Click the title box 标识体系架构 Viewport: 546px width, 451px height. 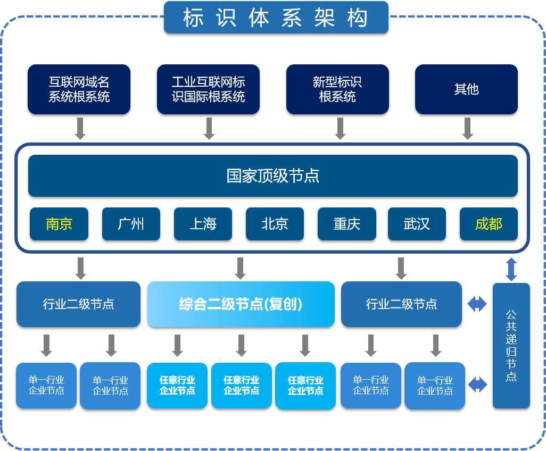tap(276, 18)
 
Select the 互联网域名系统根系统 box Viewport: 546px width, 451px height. tap(79, 89)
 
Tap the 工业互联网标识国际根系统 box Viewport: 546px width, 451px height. tap(208, 89)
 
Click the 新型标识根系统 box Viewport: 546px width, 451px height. tap(337, 89)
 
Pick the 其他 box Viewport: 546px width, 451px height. tap(466, 89)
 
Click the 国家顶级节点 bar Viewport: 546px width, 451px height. tap(273, 176)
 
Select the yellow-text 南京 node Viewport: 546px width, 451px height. tap(59, 224)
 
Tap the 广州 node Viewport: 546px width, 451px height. tap(131, 224)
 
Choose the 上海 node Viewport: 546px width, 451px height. tap(203, 224)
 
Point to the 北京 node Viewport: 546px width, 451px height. tap(275, 224)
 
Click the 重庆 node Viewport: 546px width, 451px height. tap(347, 224)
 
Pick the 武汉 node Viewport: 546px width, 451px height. tap(417, 224)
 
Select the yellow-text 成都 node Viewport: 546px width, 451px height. tap(489, 224)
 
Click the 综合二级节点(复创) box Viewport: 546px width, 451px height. tap(241, 304)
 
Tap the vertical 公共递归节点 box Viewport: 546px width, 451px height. tap(511, 346)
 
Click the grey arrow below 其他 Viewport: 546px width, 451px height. tap(468, 128)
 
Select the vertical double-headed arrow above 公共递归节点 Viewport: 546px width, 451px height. tap(511, 269)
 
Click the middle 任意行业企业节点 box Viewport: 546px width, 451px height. tap(241, 386)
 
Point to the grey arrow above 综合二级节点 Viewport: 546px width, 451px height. tap(240, 268)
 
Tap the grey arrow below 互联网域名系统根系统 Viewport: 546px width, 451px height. tap(80, 128)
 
